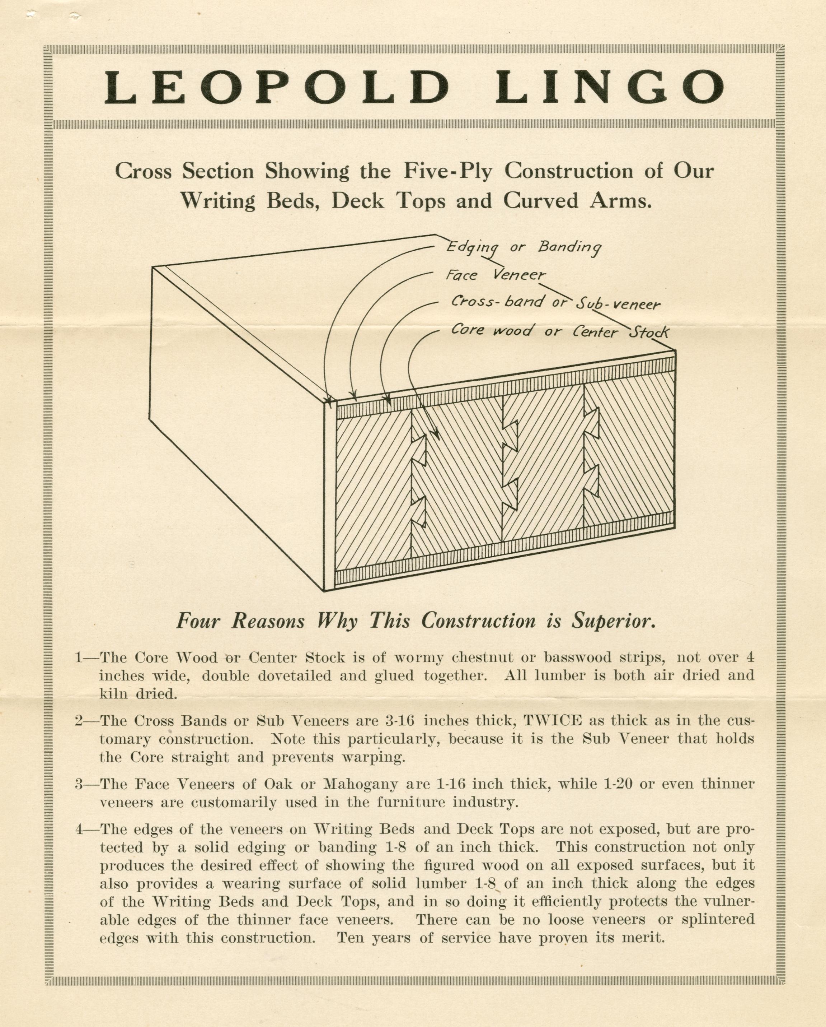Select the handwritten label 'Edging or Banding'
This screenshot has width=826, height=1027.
click(x=524, y=247)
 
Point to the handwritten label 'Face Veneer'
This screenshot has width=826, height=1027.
click(x=495, y=275)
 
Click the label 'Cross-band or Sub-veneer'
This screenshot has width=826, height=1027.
click(x=555, y=302)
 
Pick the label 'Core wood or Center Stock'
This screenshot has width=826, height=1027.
click(x=560, y=331)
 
